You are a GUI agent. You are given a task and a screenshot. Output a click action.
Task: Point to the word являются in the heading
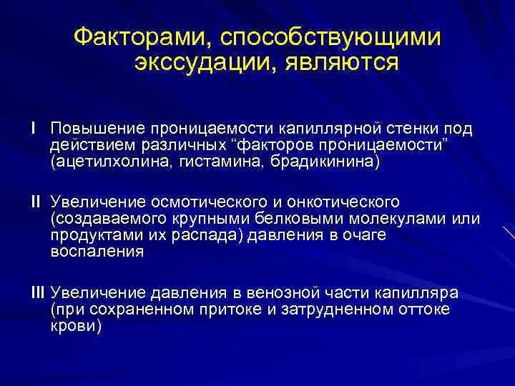pos(341,62)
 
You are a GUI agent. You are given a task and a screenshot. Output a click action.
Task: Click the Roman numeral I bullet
pos(34,128)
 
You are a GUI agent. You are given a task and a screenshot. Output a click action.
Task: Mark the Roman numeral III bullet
pos(38,293)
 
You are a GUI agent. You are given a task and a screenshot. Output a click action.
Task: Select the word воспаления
pos(97,252)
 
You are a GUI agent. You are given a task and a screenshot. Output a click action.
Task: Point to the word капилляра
pos(414,293)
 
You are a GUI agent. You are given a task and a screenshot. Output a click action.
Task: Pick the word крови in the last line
pos(77,327)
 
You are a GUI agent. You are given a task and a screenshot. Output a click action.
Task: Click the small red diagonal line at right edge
pos(509,233)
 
